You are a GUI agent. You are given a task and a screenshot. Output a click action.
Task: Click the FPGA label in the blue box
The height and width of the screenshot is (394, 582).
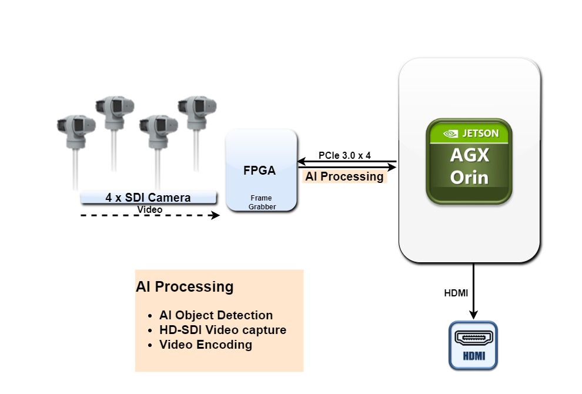259,171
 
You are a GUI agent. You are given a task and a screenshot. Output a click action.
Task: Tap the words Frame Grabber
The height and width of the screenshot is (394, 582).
262,203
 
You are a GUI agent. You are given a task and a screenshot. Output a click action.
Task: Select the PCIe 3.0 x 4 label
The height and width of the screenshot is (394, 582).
344,156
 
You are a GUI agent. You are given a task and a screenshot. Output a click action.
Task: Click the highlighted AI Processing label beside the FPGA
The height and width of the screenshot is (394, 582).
344,176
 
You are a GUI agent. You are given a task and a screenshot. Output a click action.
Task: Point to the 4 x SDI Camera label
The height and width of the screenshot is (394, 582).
148,198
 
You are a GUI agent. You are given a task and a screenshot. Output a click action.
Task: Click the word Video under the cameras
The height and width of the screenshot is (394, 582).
149,209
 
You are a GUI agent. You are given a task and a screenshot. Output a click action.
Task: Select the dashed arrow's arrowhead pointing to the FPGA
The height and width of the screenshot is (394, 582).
215,215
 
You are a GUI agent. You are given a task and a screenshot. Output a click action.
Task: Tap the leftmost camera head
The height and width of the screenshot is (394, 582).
76,126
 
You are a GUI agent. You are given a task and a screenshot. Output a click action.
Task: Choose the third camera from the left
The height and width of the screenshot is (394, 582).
158,126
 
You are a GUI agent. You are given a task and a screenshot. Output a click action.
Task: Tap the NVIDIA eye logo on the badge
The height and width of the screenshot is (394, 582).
450,133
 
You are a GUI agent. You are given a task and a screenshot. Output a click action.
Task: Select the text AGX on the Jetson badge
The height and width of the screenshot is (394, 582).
469,156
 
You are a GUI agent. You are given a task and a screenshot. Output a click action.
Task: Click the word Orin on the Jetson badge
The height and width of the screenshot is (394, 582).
469,177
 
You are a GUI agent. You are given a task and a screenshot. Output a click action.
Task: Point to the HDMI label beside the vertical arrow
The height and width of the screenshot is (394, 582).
456,293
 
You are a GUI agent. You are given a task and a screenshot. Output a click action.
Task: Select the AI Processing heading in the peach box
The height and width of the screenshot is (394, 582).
185,287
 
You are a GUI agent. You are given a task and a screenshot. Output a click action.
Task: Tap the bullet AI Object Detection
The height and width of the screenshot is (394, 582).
216,315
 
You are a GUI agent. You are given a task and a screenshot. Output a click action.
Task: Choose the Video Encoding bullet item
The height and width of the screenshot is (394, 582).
205,345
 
